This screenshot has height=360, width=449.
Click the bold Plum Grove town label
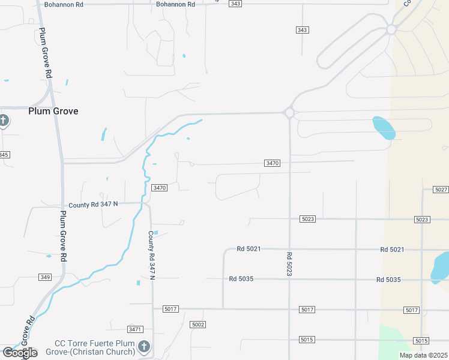point(53,111)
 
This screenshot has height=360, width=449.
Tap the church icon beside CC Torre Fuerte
point(143,346)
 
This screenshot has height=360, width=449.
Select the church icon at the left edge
point(3,121)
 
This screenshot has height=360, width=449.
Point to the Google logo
point(19,353)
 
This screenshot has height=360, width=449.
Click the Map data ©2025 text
point(423,355)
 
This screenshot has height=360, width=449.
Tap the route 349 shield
point(44,277)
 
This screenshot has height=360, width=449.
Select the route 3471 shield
point(135,329)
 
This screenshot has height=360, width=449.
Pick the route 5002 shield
point(198,325)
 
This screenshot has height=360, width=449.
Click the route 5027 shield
point(441,190)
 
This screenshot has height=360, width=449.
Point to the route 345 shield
point(4,155)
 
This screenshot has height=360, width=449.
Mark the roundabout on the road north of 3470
point(289,112)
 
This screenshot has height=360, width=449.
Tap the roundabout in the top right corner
point(391,29)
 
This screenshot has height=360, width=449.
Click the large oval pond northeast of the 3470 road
point(384,127)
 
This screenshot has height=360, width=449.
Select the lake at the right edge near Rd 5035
point(441,268)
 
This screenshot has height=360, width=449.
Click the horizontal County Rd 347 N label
point(93,205)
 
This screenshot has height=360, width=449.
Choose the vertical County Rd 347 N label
point(152,255)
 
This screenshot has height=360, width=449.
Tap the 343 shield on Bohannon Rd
point(235,4)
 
